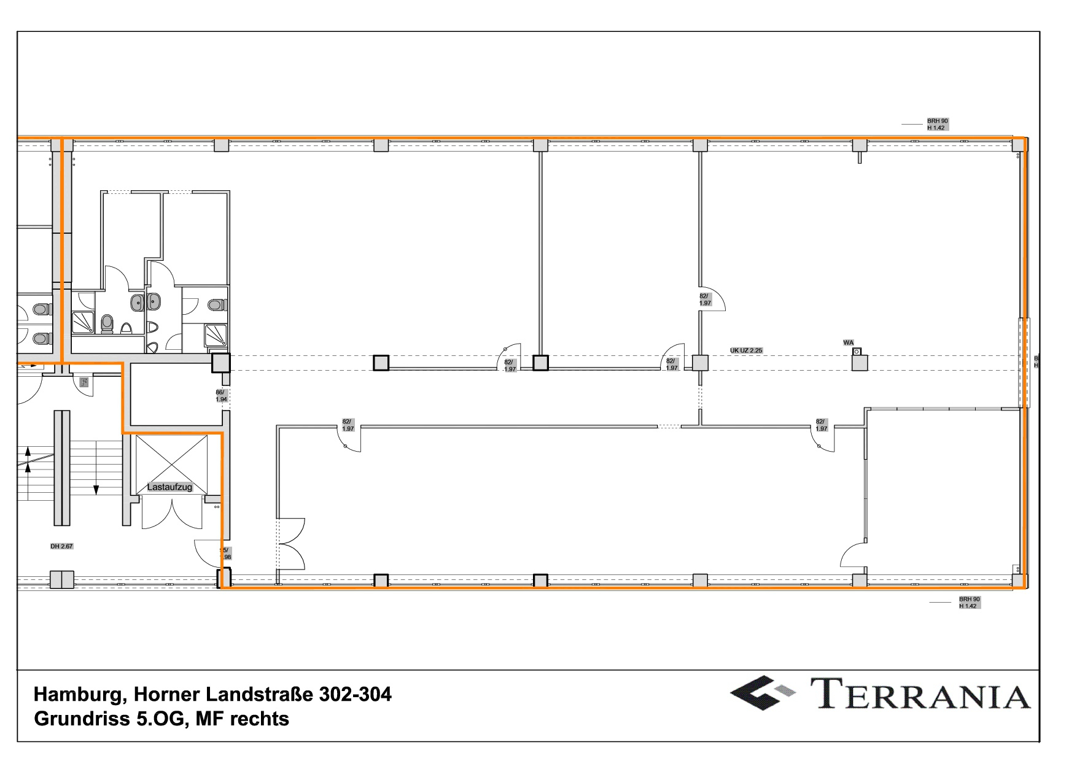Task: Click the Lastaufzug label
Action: tap(169, 487)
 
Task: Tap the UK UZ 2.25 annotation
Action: tap(746, 350)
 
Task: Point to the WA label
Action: tap(848, 343)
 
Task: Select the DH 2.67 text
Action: tap(61, 546)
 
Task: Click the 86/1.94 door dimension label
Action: tap(221, 396)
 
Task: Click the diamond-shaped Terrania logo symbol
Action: tap(761, 693)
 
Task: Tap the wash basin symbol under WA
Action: tap(857, 352)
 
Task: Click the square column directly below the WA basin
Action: tap(860, 363)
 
